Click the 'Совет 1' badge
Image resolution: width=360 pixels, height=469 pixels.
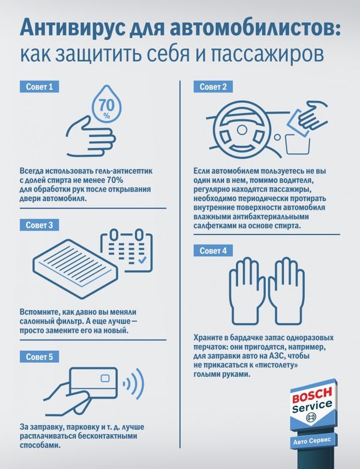click(39, 86)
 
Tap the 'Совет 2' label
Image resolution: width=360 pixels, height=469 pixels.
click(213, 86)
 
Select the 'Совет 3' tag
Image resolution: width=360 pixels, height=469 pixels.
click(39, 225)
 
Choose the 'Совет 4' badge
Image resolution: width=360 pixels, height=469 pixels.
click(213, 250)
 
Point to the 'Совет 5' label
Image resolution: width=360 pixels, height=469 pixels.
click(39, 357)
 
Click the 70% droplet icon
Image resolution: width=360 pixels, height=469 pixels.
click(106, 104)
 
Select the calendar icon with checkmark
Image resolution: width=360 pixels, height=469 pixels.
click(127, 250)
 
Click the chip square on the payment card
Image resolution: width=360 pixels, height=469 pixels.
click(105, 378)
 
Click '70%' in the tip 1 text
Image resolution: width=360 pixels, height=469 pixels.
click(114, 180)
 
